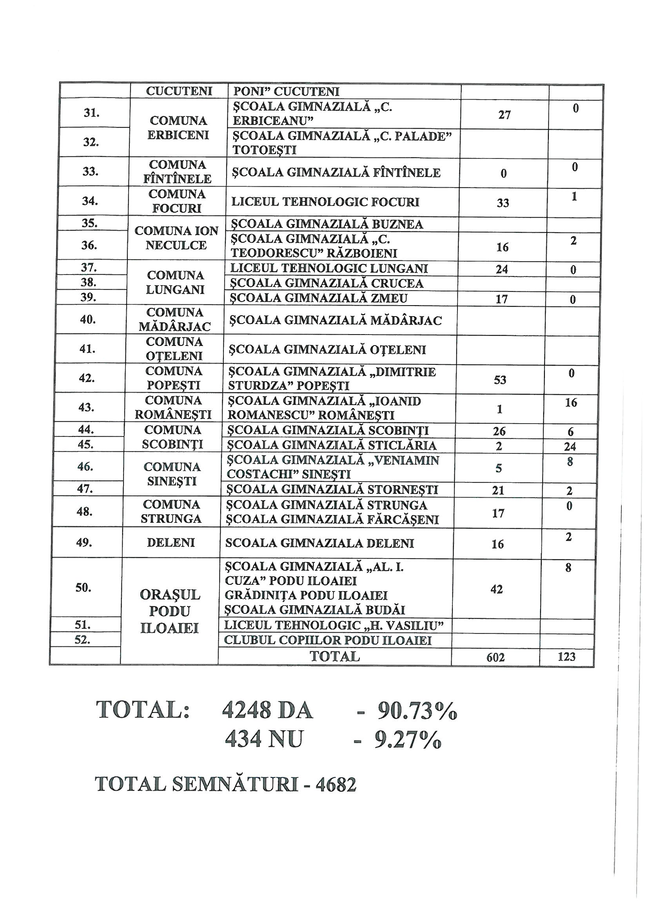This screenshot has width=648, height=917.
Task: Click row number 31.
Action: tap(91, 113)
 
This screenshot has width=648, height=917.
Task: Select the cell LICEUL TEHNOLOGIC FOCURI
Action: tap(325, 202)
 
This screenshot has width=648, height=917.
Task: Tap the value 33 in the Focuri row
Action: tap(503, 203)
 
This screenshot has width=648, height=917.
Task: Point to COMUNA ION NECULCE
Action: tap(176, 238)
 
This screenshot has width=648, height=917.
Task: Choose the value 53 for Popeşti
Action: tap(500, 380)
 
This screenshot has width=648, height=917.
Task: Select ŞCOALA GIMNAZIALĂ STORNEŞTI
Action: tap(332, 489)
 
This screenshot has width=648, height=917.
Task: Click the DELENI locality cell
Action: tap(171, 543)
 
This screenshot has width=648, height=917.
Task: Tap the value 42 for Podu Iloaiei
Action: tap(496, 589)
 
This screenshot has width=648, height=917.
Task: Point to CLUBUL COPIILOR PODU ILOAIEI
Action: tap(328, 640)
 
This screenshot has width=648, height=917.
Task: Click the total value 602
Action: tap(496, 657)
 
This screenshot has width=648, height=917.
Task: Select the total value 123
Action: tap(566, 657)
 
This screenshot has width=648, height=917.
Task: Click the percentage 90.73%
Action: tap(417, 712)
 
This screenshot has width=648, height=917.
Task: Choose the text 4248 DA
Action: tap(267, 711)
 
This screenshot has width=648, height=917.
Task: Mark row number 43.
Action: tap(87, 408)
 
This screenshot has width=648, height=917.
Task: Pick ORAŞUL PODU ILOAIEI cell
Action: tap(170, 611)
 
